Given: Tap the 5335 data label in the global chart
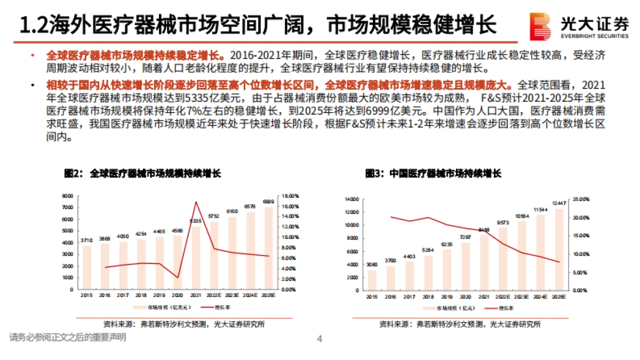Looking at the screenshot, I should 196,220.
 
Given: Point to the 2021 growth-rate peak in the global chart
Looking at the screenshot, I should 196,202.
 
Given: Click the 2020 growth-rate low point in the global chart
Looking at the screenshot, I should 178,277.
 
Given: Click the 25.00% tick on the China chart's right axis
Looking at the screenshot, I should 580,199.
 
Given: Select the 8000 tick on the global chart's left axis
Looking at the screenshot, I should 67,196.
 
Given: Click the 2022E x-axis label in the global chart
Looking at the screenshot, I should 214,295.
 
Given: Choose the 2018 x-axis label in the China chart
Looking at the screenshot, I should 428,296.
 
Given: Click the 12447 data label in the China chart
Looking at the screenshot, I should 558,203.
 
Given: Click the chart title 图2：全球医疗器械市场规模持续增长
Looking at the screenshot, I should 142,174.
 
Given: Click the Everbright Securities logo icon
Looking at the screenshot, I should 540,26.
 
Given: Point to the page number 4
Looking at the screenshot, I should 319,338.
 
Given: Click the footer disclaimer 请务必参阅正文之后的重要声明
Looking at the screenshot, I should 68,337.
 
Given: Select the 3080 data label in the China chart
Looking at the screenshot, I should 372,265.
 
